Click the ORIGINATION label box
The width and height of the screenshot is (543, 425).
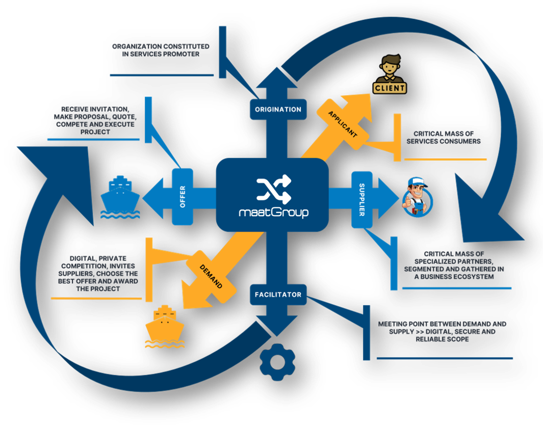[x=278, y=110]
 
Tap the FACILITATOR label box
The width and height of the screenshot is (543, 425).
[x=278, y=295]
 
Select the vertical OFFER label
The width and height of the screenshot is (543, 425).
[x=183, y=197]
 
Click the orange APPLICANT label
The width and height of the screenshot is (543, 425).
[x=343, y=124]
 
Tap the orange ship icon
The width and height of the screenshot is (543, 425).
[x=164, y=326]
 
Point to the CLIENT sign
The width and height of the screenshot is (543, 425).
[x=390, y=88]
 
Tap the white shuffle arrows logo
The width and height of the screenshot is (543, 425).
[x=273, y=189]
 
